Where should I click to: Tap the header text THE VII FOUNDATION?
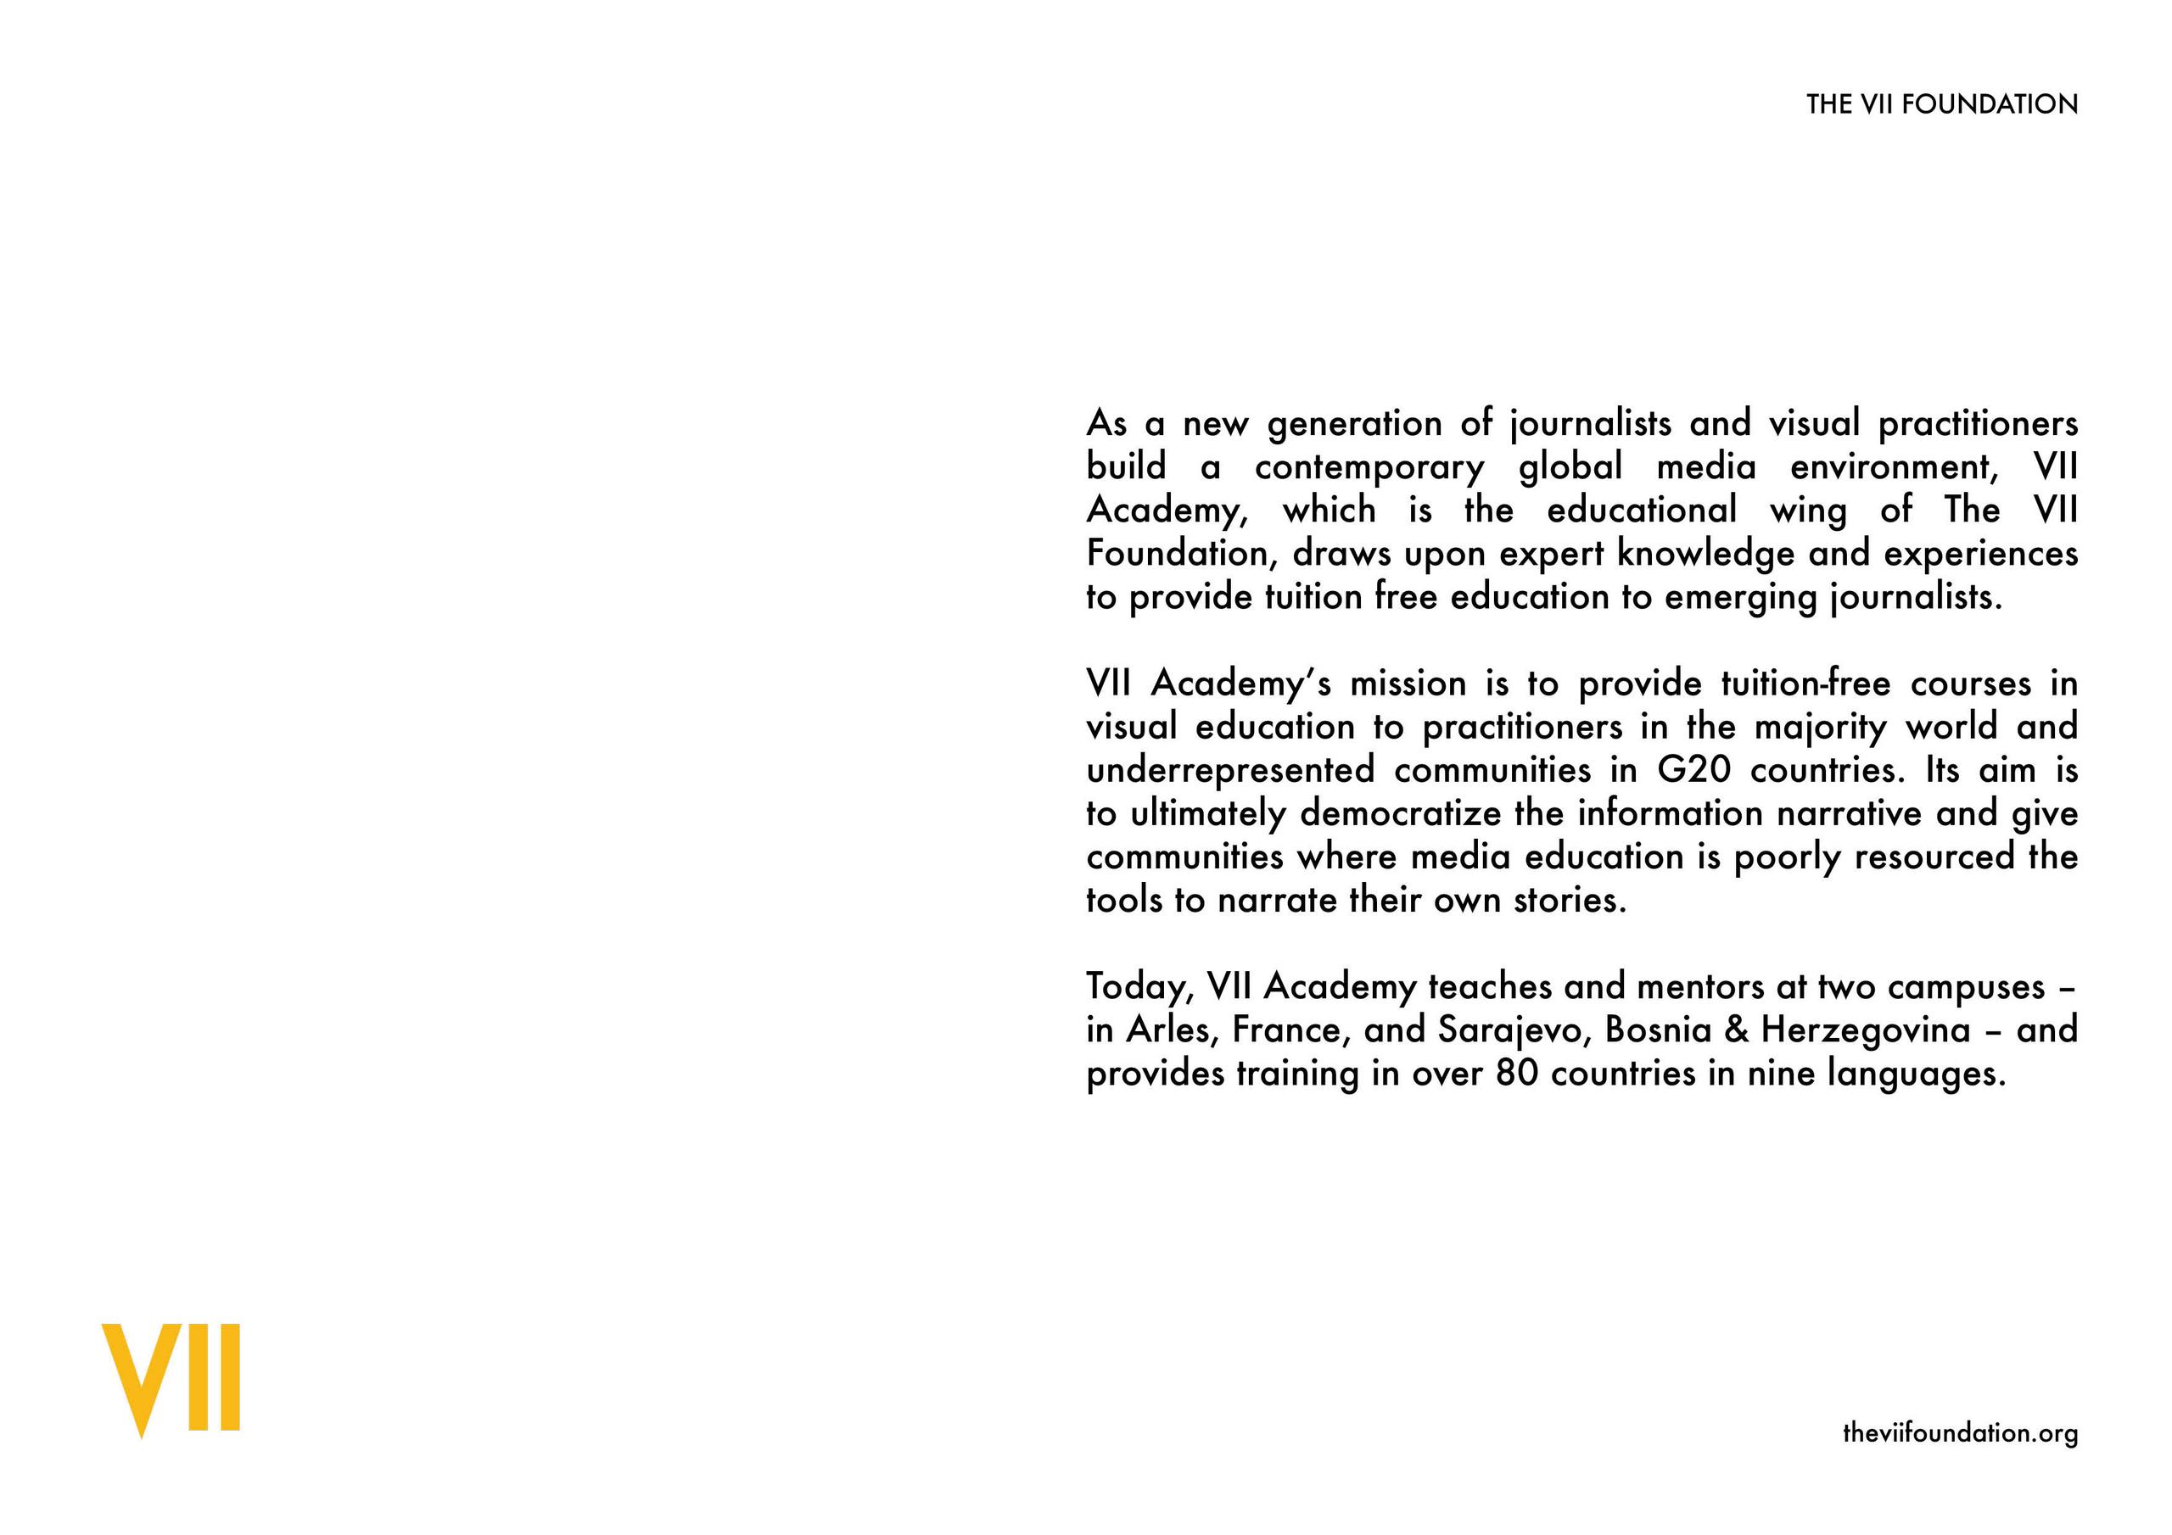1941,105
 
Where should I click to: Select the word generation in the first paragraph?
1355,425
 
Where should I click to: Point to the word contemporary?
1369,468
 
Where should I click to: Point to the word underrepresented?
1229,772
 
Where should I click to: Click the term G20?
1694,771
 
